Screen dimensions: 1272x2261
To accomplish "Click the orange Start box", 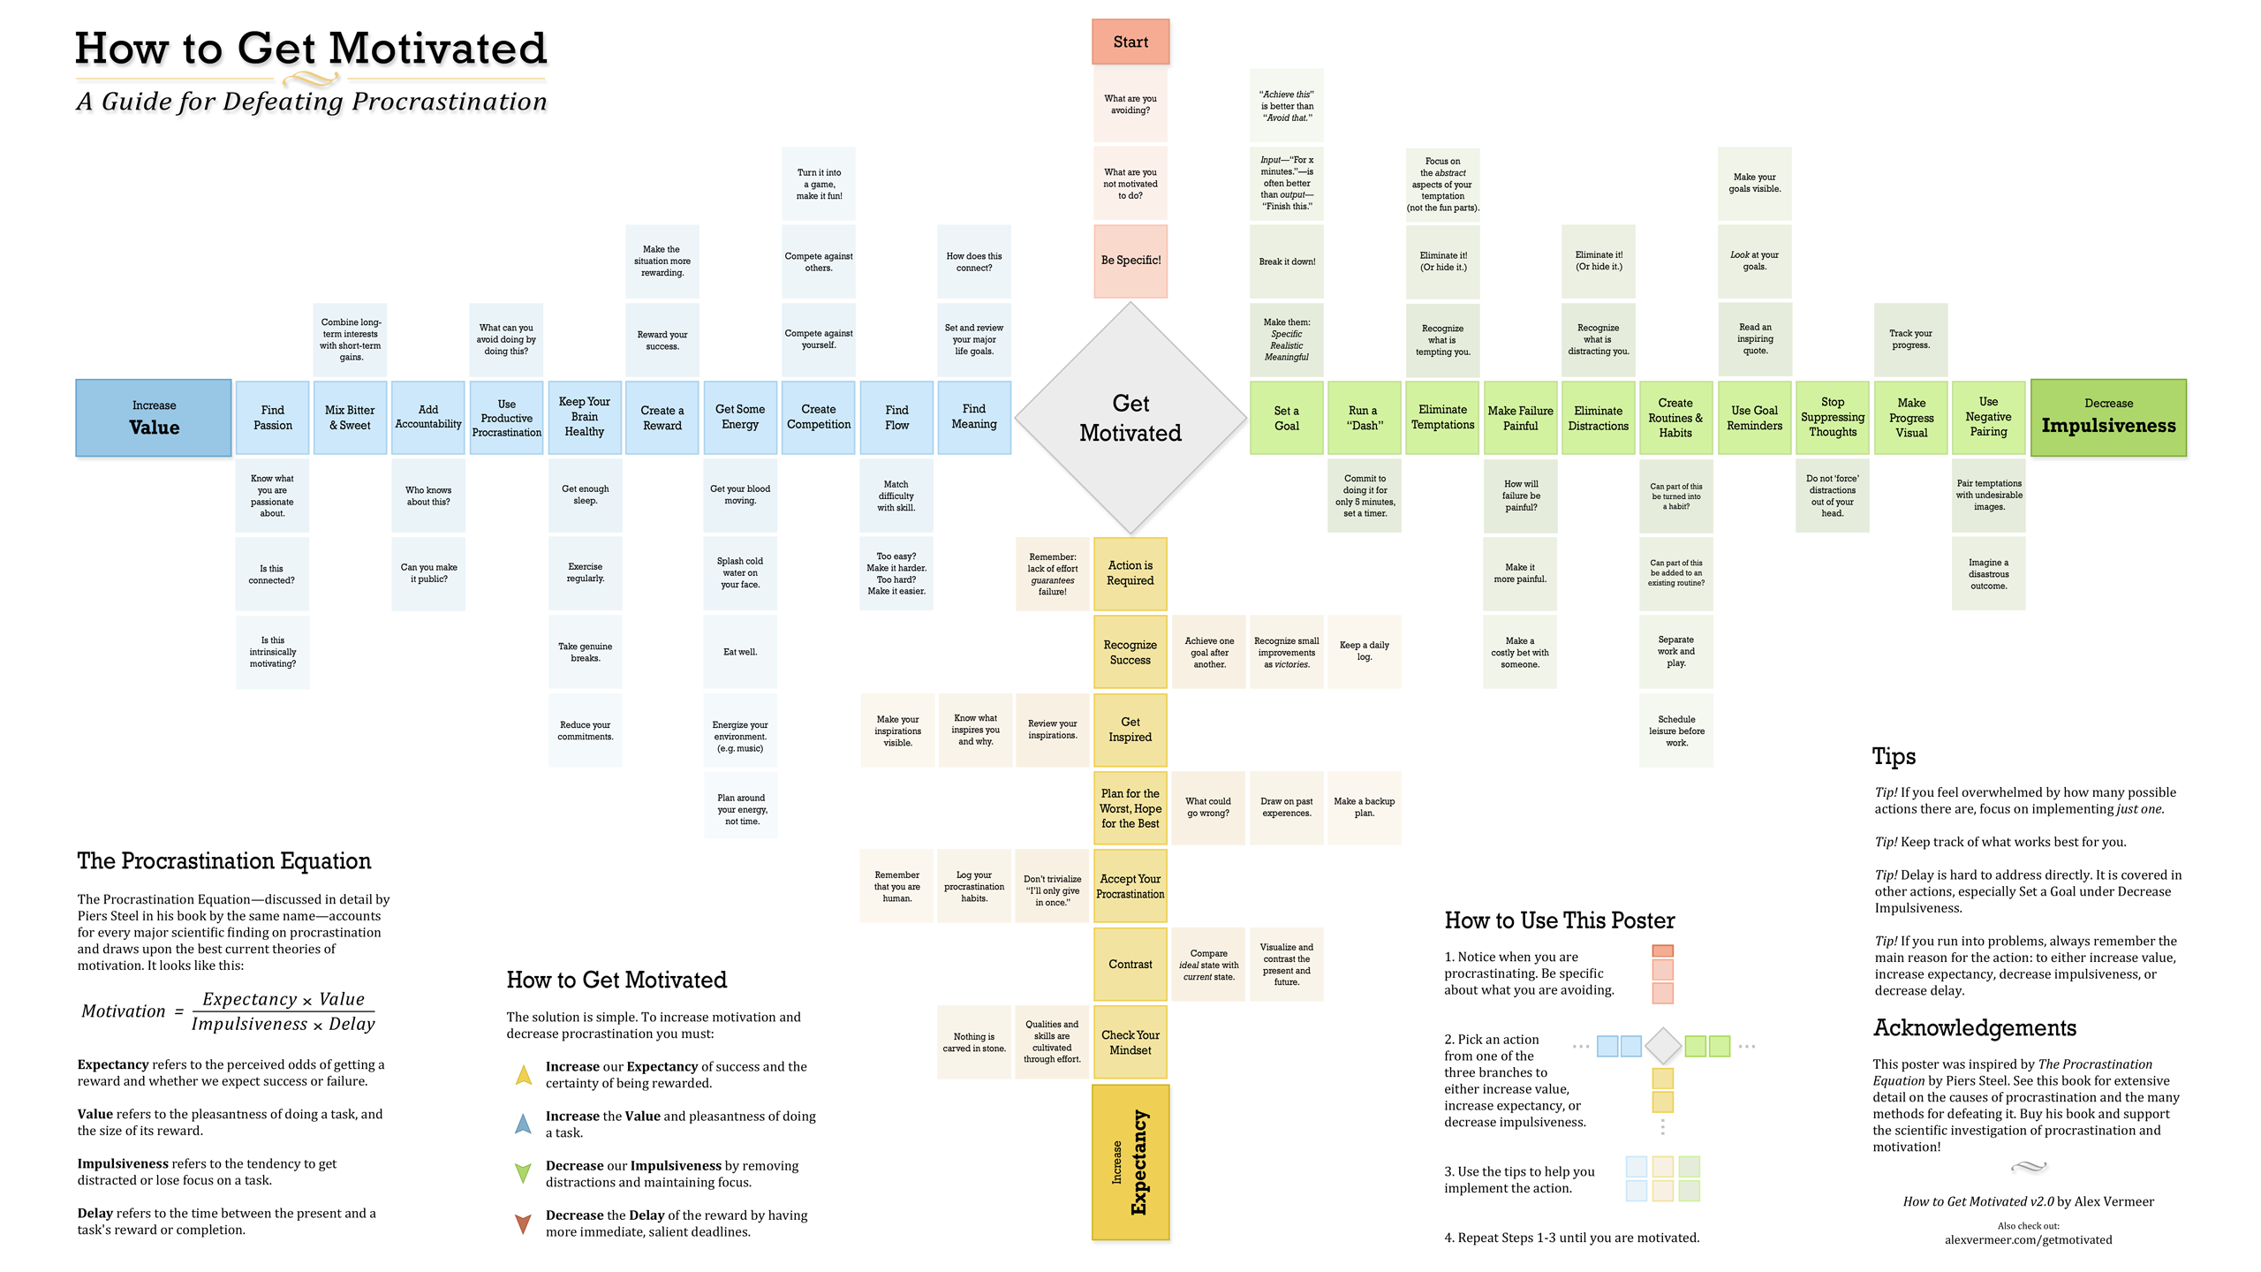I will click(1130, 42).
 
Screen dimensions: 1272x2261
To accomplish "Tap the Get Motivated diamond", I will click(1130, 418).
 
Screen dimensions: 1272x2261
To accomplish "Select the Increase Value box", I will click(154, 418).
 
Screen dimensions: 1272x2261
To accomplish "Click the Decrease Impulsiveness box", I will click(2108, 418).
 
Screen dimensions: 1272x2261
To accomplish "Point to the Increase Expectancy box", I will click(1130, 1162).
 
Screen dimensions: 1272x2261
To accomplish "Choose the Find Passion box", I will click(272, 418).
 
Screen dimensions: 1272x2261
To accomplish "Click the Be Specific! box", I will click(1130, 261).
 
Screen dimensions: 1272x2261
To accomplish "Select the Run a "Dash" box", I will click(1364, 418).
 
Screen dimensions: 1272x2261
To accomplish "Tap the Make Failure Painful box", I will click(1520, 418).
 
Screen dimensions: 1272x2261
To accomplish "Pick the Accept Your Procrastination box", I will click(1130, 886).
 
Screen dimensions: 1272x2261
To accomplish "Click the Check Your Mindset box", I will click(1130, 1042).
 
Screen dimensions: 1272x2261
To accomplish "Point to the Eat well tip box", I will click(740, 652).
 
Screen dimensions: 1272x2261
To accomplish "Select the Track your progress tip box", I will click(1910, 339).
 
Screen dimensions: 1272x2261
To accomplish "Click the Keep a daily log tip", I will click(1364, 651).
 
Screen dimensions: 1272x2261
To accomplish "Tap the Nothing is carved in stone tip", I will click(974, 1042).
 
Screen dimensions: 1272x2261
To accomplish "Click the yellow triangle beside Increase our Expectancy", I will click(524, 1075).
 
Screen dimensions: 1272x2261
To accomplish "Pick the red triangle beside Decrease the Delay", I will click(523, 1223).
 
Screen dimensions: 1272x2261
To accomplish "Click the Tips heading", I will click(1894, 756).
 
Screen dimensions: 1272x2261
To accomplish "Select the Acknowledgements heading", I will click(1975, 1028).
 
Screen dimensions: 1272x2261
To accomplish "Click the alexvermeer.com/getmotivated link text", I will click(2028, 1240).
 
